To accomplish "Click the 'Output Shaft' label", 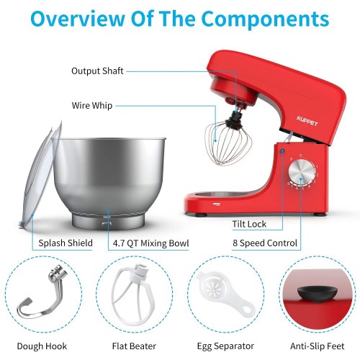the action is (97, 71).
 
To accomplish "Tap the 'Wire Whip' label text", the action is (92, 106).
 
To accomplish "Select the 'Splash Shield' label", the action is (66, 243).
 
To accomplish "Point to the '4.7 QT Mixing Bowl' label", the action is (150, 243).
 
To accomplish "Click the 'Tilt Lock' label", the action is (249, 224).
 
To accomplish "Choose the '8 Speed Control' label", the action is (265, 243).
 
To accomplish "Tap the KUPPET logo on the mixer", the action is (307, 121).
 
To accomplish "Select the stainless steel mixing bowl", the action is (109, 182).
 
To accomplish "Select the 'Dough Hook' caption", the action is (42, 346).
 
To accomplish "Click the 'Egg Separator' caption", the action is (225, 346).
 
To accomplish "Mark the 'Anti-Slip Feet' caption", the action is (317, 346).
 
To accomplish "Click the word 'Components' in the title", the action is (265, 19).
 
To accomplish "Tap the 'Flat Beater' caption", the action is (134, 346).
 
